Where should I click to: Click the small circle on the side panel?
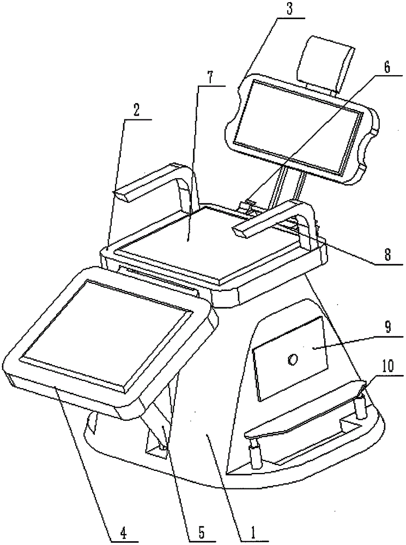293,359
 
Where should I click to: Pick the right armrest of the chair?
278,218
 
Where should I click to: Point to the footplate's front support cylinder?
254,455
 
